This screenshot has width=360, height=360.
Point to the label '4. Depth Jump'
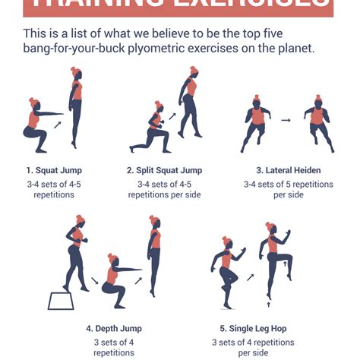tap(114, 329)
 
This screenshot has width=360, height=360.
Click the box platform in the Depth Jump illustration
tap(62, 300)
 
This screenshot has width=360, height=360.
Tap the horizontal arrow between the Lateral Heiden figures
tap(286, 120)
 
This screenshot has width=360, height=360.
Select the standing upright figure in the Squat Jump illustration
tap(76, 106)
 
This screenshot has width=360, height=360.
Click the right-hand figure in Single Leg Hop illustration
tap(275, 258)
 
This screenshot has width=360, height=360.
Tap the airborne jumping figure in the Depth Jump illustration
tap(154, 254)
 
